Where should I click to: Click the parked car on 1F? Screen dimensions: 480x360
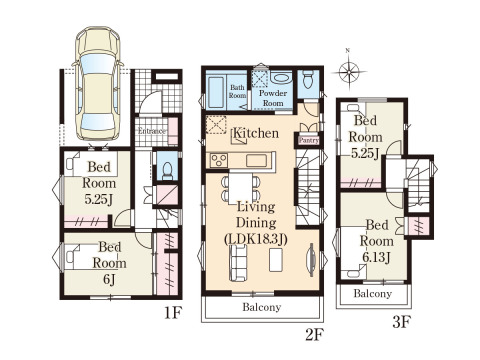pyautogui.click(x=97, y=83)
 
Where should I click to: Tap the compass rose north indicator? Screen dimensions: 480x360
pyautogui.click(x=349, y=70)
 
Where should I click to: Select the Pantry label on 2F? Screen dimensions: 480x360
pyautogui.click(x=309, y=140)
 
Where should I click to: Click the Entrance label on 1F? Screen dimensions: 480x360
pyautogui.click(x=152, y=131)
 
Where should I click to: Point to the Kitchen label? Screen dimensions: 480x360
pyautogui.click(x=256, y=133)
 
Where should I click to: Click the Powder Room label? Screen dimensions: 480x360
pyautogui.click(x=273, y=98)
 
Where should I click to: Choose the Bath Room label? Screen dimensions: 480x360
pyautogui.click(x=237, y=91)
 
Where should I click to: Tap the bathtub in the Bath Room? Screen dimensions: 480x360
pyautogui.click(x=216, y=93)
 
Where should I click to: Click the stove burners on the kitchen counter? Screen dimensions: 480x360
pyautogui.click(x=219, y=160)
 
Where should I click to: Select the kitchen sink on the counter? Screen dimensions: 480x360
pyautogui.click(x=256, y=161)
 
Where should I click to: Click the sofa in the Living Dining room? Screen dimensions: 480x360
pyautogui.click(x=238, y=263)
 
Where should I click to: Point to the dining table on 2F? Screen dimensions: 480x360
pyautogui.click(x=241, y=188)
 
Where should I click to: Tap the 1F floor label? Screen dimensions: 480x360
pyautogui.click(x=173, y=313)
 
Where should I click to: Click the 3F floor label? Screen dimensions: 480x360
pyautogui.click(x=401, y=322)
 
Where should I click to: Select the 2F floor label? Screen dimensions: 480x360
pyautogui.click(x=314, y=335)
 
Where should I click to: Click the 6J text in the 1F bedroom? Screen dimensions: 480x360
pyautogui.click(x=109, y=279)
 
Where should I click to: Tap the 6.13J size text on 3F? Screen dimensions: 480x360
pyautogui.click(x=376, y=257)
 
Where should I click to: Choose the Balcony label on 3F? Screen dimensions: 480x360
pyautogui.click(x=372, y=294)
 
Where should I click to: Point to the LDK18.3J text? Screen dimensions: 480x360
pyautogui.click(x=256, y=239)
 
